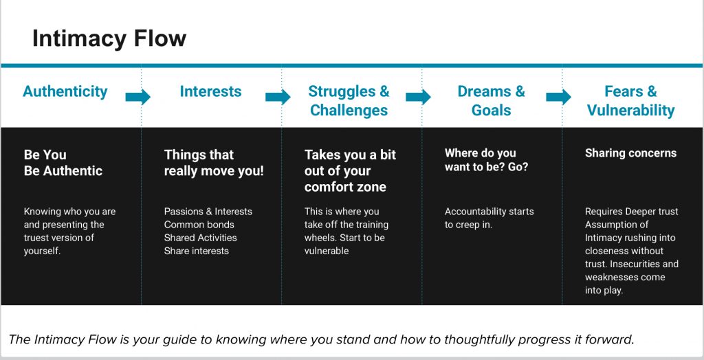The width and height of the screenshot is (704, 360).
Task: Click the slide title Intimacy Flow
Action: click(x=109, y=38)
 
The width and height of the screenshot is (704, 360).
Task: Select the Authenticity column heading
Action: click(x=65, y=91)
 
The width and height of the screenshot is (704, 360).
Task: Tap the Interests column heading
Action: click(x=210, y=91)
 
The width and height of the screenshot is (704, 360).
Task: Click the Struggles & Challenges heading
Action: click(x=349, y=100)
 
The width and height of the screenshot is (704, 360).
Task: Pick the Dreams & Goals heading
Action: click(x=491, y=100)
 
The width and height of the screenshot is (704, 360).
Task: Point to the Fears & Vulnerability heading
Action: click(x=631, y=100)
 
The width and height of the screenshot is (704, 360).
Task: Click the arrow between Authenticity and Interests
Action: click(x=137, y=96)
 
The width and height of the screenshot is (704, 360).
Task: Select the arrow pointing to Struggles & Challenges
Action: click(x=278, y=96)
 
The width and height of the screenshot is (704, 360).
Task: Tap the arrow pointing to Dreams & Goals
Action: click(x=418, y=96)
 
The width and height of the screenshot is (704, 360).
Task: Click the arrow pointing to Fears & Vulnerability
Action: click(x=558, y=96)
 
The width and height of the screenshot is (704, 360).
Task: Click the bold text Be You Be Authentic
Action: click(x=63, y=163)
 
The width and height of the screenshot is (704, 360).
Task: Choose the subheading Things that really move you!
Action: click(x=214, y=163)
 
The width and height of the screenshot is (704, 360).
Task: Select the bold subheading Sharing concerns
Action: click(x=630, y=153)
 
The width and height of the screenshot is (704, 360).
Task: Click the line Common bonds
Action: click(x=199, y=225)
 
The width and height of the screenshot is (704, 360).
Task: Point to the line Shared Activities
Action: click(x=200, y=238)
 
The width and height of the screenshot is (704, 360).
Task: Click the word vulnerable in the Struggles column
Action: click(x=327, y=251)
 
